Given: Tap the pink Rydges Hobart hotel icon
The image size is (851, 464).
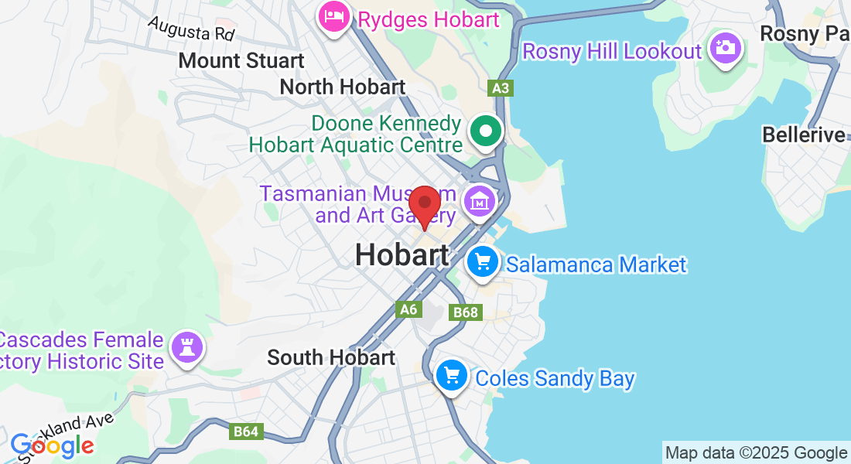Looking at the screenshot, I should click(334, 17).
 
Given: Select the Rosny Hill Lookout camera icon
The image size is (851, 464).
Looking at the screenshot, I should click(725, 49).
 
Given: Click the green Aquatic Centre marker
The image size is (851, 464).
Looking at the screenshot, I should click(486, 131).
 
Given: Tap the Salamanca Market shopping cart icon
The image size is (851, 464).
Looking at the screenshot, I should click(484, 263).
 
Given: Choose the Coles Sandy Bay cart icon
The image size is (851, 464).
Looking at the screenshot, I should click(452, 377).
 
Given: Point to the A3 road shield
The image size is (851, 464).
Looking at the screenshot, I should click(500, 88).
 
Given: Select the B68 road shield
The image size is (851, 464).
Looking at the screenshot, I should click(466, 312).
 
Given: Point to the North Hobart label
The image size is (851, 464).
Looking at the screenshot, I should click(342, 87).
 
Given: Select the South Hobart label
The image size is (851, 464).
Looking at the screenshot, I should click(331, 357).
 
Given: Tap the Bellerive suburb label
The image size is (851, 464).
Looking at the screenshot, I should click(804, 135).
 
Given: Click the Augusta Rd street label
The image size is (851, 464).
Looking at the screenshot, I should click(191, 29).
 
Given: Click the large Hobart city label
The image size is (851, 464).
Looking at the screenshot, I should click(402, 255).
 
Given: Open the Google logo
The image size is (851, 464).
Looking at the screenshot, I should click(52, 445).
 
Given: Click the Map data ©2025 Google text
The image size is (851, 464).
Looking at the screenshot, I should click(756, 453).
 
